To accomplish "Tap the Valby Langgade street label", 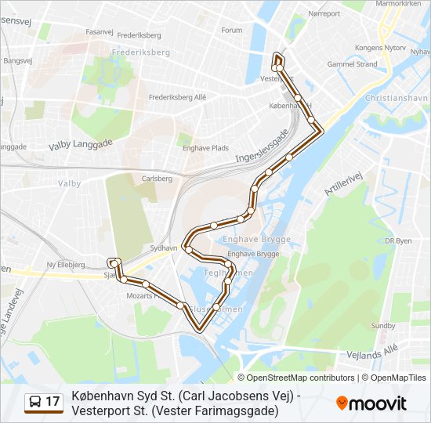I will pyautogui.click(x=81, y=144).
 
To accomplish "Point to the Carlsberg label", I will pyautogui.click(x=157, y=179).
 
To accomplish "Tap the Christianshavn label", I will pyautogui.click(x=397, y=99).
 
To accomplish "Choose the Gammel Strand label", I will pyautogui.click(x=352, y=64).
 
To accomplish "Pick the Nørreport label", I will pyautogui.click(x=324, y=14).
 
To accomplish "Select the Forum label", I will pyautogui.click(x=232, y=31).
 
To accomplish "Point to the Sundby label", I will pyautogui.click(x=383, y=325).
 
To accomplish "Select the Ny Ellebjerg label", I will pyautogui.click(x=66, y=265).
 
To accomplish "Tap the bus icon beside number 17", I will pyautogui.click(x=36, y=403).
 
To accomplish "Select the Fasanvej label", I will pyautogui.click(x=100, y=32).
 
